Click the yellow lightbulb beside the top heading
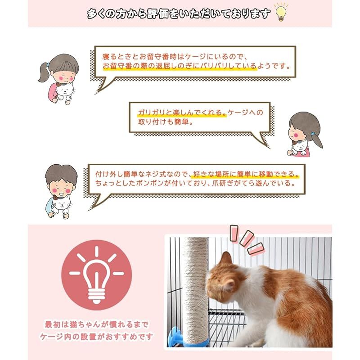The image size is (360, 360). tap(281, 13)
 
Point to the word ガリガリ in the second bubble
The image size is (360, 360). tap(151, 112)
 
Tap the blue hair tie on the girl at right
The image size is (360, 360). tap(313, 133)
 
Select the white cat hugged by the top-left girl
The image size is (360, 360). tap(65, 92)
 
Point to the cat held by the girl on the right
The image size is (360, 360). tap(300, 147)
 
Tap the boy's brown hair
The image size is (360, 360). tap(61, 173)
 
